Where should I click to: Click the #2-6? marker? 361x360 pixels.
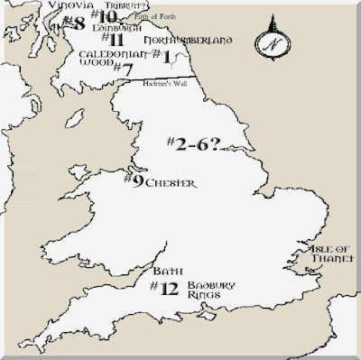coord(196,143)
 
